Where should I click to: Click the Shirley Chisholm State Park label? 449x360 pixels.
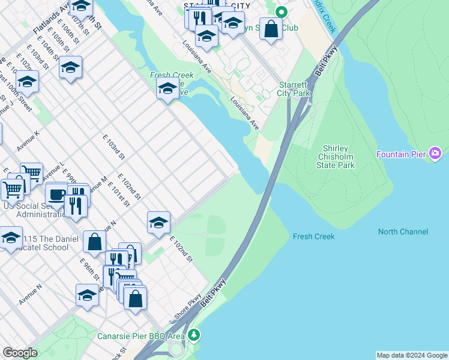[x=339, y=157]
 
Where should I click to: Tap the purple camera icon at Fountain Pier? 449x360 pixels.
[x=435, y=154]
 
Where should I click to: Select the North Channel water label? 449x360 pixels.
[x=403, y=232]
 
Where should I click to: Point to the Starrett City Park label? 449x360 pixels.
[x=294, y=89]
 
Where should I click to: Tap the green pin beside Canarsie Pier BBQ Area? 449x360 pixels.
[x=193, y=334]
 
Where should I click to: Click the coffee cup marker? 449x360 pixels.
[x=57, y=194]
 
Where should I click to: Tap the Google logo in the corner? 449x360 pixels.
[x=20, y=352]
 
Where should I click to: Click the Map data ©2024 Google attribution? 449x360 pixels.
[x=412, y=355]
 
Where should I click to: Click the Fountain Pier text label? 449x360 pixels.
[x=400, y=154]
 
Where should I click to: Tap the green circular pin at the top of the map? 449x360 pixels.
[x=280, y=11]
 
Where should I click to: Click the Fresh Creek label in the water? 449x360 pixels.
[x=313, y=236]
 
